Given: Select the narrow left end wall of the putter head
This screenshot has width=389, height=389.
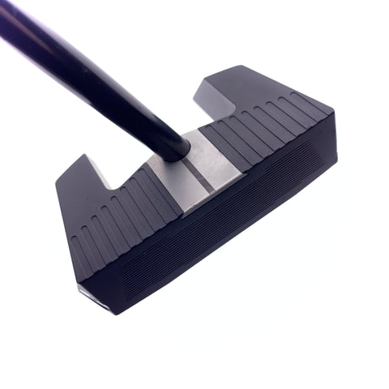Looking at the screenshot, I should [x=69, y=235].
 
